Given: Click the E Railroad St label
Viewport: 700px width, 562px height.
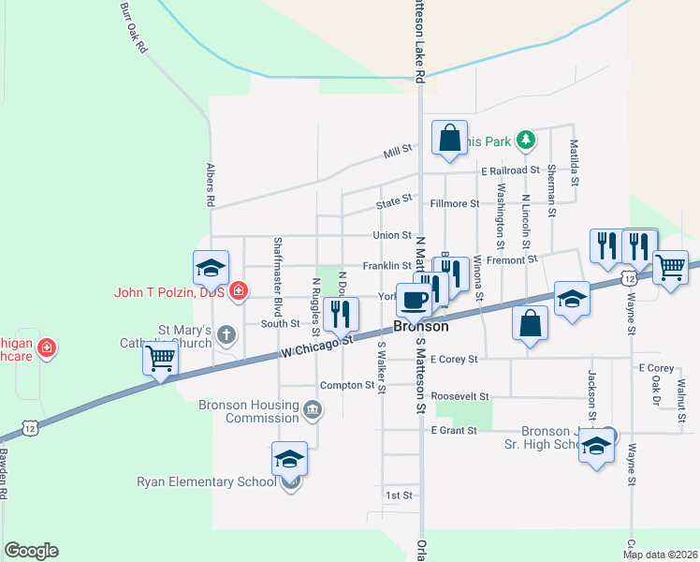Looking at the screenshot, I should pyautogui.click(x=510, y=171).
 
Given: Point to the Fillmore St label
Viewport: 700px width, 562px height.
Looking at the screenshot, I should pyautogui.click(x=454, y=203).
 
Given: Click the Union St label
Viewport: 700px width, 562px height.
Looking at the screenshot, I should pyautogui.click(x=392, y=235).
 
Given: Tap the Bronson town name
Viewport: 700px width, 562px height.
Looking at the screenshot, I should pyautogui.click(x=420, y=327).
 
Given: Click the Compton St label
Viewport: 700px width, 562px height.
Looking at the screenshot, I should pyautogui.click(x=346, y=385).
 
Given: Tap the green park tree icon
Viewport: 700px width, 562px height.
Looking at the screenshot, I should pyautogui.click(x=527, y=140).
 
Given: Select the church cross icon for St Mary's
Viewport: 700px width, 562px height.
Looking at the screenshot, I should pyautogui.click(x=226, y=333).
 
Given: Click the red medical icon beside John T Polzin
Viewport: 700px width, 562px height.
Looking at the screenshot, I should pyautogui.click(x=239, y=291).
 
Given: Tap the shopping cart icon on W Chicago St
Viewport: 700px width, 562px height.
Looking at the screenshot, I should pyautogui.click(x=161, y=357).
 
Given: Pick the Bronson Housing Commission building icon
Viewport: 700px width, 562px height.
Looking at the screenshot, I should pyautogui.click(x=313, y=408).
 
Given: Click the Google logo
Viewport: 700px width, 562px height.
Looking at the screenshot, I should pyautogui.click(x=31, y=551).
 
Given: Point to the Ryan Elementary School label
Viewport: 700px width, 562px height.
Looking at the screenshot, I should pyautogui.click(x=210, y=481).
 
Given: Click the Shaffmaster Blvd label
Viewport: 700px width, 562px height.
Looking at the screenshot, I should pyautogui.click(x=278, y=277).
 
